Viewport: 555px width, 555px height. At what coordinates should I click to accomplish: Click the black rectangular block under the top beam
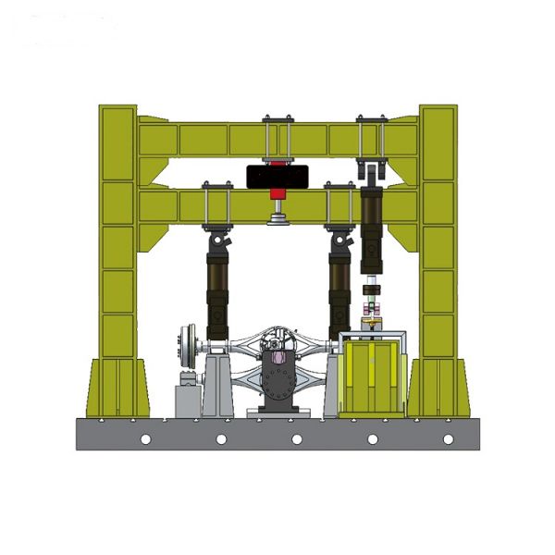(277, 175)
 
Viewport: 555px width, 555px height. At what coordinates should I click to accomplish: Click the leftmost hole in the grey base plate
(145, 438)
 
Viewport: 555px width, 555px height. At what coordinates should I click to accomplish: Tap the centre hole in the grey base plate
(297, 438)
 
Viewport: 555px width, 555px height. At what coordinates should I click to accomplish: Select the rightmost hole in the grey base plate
(448, 438)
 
